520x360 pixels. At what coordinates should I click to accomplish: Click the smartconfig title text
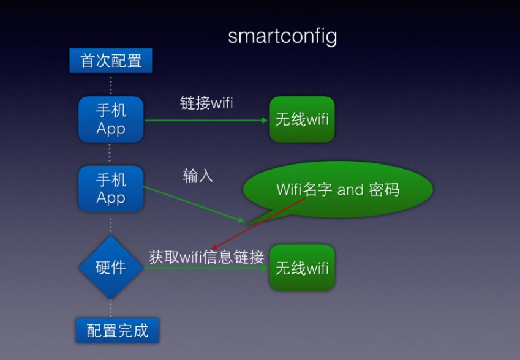pos(282,36)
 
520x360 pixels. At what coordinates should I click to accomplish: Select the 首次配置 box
pos(111,61)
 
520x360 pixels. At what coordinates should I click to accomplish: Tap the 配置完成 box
pos(117,331)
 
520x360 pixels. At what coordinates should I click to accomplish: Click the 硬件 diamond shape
pos(111,268)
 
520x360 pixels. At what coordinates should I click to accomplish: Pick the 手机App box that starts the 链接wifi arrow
pos(111,119)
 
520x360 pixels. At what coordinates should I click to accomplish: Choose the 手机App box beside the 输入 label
pos(111,189)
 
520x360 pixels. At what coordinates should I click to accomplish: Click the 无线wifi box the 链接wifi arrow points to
pos(302,119)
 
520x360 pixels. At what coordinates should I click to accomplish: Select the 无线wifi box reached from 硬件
pos(302,268)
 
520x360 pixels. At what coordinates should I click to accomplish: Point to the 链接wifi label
pos(206,103)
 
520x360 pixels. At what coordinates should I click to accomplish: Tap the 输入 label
pos(198,176)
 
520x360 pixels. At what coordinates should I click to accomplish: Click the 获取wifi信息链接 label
pos(206,257)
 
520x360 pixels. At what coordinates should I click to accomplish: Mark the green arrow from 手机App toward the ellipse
pos(193,204)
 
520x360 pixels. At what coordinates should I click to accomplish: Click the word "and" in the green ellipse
pos(350,190)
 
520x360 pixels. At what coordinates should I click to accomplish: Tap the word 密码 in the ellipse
pos(384,190)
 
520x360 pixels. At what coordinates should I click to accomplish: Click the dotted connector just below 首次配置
pos(111,84)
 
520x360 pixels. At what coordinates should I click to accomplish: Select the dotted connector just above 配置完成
pos(111,307)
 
